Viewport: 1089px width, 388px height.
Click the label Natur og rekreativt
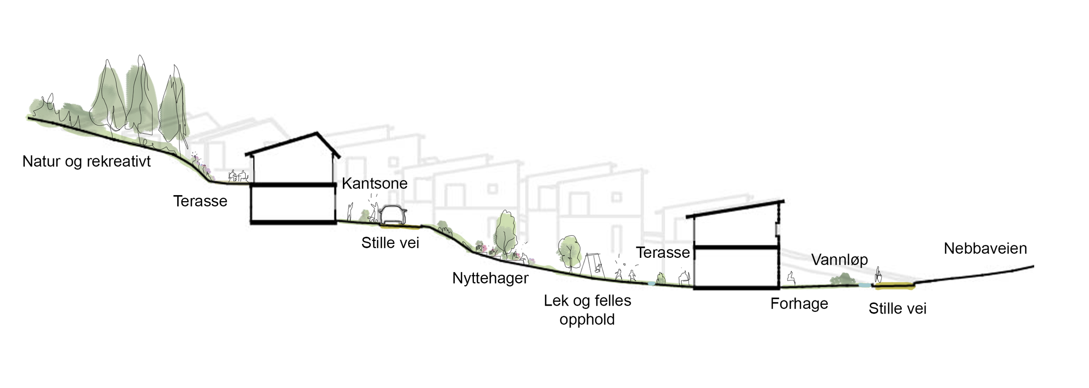pos(86,162)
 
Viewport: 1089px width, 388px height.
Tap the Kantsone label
pos(375,183)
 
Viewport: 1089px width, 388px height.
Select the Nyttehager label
pos(490,278)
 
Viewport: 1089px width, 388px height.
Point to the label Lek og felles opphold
pos(587,310)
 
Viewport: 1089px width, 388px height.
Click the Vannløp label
pos(839,260)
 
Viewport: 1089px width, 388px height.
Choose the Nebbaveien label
pos(985,249)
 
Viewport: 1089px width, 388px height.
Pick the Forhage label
pos(799,304)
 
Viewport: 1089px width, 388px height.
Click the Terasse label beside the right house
pos(663,253)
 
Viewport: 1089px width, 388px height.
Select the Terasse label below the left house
pos(200,201)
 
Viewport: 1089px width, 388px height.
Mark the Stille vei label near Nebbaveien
pos(897,309)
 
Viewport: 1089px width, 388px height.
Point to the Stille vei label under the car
pos(390,243)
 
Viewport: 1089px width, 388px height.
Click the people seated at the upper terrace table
pos(238,176)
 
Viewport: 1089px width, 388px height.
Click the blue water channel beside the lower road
pos(865,286)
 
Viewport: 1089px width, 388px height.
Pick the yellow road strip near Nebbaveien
pos(894,286)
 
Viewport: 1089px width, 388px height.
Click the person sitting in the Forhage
pos(790,278)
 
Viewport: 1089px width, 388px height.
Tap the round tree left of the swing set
pos(569,253)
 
